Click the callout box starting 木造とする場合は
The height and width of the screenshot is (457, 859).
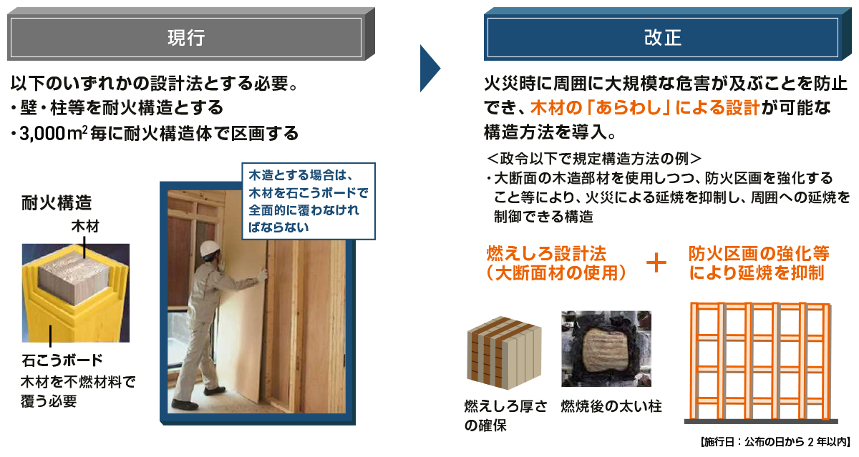click(x=309, y=201)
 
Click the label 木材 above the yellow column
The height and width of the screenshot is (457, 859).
click(x=84, y=227)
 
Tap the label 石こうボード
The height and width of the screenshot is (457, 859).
click(x=62, y=359)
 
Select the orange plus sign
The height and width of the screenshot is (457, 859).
click(x=656, y=263)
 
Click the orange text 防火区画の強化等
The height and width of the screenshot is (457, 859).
click(x=759, y=253)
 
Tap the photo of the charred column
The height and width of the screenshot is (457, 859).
click(x=606, y=348)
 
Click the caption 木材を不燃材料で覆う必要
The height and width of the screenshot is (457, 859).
click(x=78, y=390)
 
